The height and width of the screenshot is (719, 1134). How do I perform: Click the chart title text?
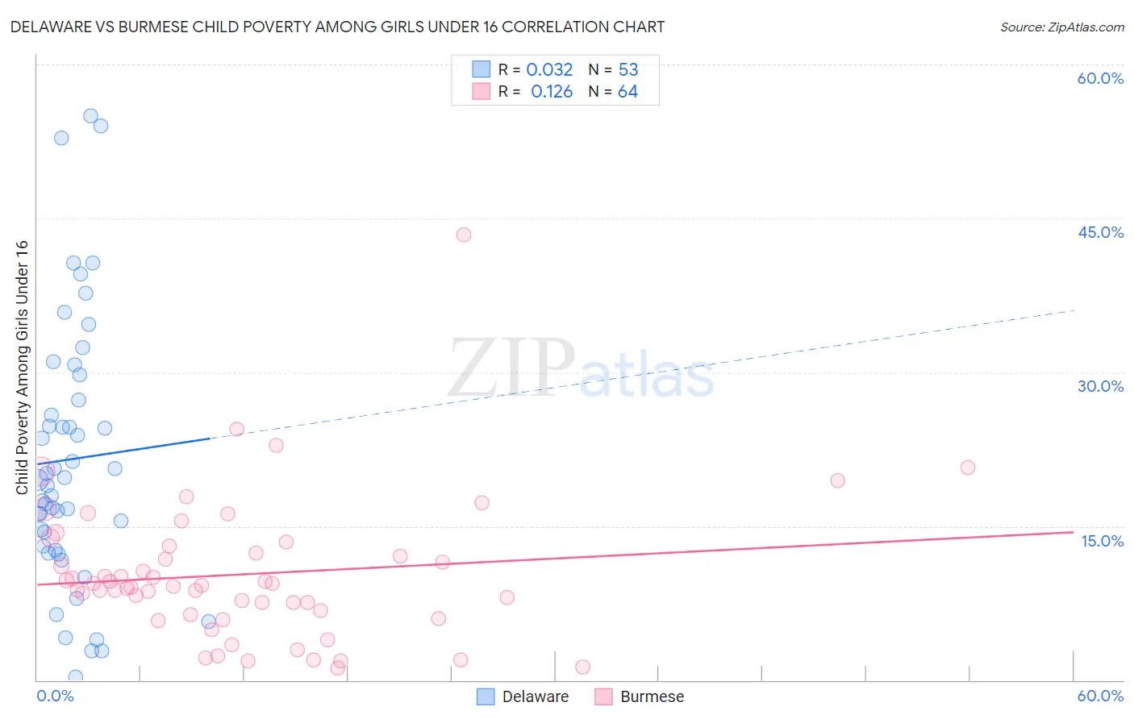point(337,27)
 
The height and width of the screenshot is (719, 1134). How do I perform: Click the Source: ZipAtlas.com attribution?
point(1061,27)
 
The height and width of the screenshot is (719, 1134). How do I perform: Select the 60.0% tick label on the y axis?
point(1100,78)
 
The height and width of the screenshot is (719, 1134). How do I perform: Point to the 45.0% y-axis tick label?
point(1100,232)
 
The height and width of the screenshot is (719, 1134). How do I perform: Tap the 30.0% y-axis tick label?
point(1100,386)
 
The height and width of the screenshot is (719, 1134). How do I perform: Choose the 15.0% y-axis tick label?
point(1102,541)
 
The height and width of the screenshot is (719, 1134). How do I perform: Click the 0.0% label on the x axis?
point(55,696)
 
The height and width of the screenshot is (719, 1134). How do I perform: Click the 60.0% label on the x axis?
point(1100,696)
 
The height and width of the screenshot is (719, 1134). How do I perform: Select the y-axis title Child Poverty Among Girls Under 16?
point(22,368)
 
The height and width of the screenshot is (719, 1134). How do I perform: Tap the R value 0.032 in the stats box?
point(549,70)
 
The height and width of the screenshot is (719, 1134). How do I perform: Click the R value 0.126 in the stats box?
point(552,92)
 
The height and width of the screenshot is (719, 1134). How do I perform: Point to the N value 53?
point(628,70)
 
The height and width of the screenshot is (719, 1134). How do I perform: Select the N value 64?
point(627,92)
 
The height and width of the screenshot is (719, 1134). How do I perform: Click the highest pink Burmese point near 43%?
point(464,235)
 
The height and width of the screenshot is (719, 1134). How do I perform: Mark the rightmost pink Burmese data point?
point(968,468)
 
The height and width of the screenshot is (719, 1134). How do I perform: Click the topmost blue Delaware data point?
point(91,116)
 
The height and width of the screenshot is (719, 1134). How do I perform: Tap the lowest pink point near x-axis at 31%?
point(582,667)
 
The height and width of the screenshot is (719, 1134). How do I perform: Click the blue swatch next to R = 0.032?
point(482,69)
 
